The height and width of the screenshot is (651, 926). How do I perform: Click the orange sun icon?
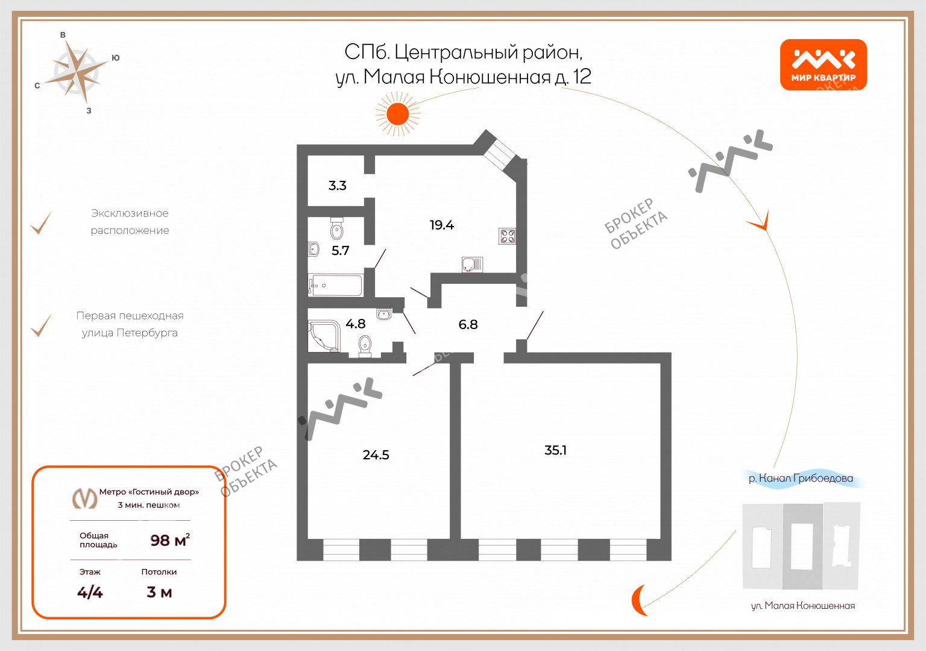tap(398, 114)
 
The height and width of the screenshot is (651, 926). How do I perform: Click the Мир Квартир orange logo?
tap(824, 65)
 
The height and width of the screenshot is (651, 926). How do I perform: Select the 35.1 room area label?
tap(555, 450)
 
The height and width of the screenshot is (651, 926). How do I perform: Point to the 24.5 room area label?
tap(376, 455)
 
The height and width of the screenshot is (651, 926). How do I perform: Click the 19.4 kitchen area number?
tap(441, 225)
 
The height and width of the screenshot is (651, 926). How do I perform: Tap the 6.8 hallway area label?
tap(468, 324)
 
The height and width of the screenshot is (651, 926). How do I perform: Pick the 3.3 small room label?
tap(338, 186)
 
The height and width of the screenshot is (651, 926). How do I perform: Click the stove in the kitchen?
tap(507, 236)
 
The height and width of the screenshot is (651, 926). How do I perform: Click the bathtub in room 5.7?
tap(336, 285)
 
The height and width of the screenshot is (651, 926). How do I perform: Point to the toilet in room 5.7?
tap(337, 229)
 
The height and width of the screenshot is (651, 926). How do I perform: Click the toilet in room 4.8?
tap(365, 345)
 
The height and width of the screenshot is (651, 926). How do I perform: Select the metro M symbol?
tap(85, 498)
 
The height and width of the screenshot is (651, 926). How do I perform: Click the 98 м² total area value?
tap(170, 540)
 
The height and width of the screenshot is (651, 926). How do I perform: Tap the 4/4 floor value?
tap(90, 593)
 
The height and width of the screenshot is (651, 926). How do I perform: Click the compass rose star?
tap(77, 73)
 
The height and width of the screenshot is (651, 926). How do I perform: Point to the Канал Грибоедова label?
tap(801, 478)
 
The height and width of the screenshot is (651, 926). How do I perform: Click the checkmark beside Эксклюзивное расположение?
tap(41, 223)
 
